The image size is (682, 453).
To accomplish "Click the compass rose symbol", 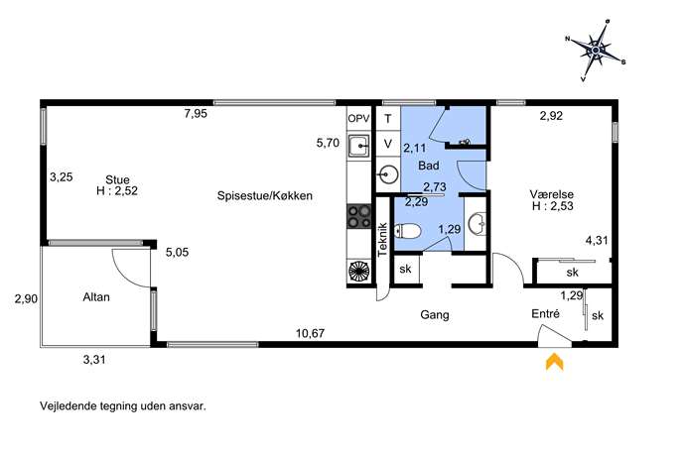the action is coord(596,51).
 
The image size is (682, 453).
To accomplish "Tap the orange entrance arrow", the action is coord(555,362).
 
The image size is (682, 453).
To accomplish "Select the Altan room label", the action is coord(96,297).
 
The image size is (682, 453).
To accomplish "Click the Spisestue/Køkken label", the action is coord(265,196).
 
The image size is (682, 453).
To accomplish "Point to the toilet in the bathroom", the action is coord(407,232).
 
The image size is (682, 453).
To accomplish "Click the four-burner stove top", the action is coord(358,217).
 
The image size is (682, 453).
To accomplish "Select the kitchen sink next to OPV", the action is coord(359,146).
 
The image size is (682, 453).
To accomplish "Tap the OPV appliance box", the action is coord(358,119).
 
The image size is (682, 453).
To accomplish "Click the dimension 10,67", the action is coord(310,334).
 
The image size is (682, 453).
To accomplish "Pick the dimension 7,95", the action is coord(196,114).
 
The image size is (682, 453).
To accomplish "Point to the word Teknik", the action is coord(382,239).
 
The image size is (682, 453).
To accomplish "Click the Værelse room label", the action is coord(552,194).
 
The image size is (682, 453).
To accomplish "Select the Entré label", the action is coord(545,313).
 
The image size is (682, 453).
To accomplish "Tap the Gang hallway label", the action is coord(435,315).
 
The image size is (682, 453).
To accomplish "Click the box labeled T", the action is coord(388,119).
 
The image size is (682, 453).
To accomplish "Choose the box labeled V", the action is coord(388,144).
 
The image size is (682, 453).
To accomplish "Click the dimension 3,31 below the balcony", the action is coord(94,360).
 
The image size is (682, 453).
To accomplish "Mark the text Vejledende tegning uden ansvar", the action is coord(123,406).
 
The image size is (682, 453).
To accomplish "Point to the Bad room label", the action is coord(429,166).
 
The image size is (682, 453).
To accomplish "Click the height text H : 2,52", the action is coord(117,191).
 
